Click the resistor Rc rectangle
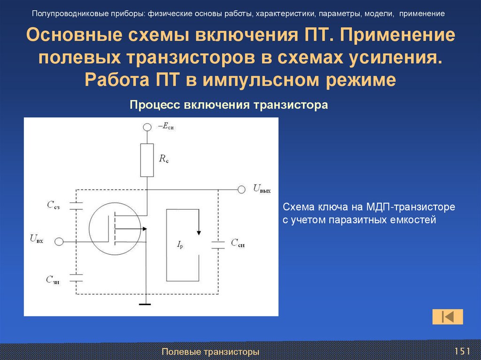coord(147,160)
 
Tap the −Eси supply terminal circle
coord(147,127)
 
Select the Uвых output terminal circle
coord(241,189)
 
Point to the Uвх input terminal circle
coord(59,241)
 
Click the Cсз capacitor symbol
coord(76,205)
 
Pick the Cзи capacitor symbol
coord(76,277)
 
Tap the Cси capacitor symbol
coord(218,243)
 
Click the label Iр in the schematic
coord(180,244)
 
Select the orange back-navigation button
coord(448,316)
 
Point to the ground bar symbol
coord(146,304)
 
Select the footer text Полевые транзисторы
coord(210,352)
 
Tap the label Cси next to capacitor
coord(237,243)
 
